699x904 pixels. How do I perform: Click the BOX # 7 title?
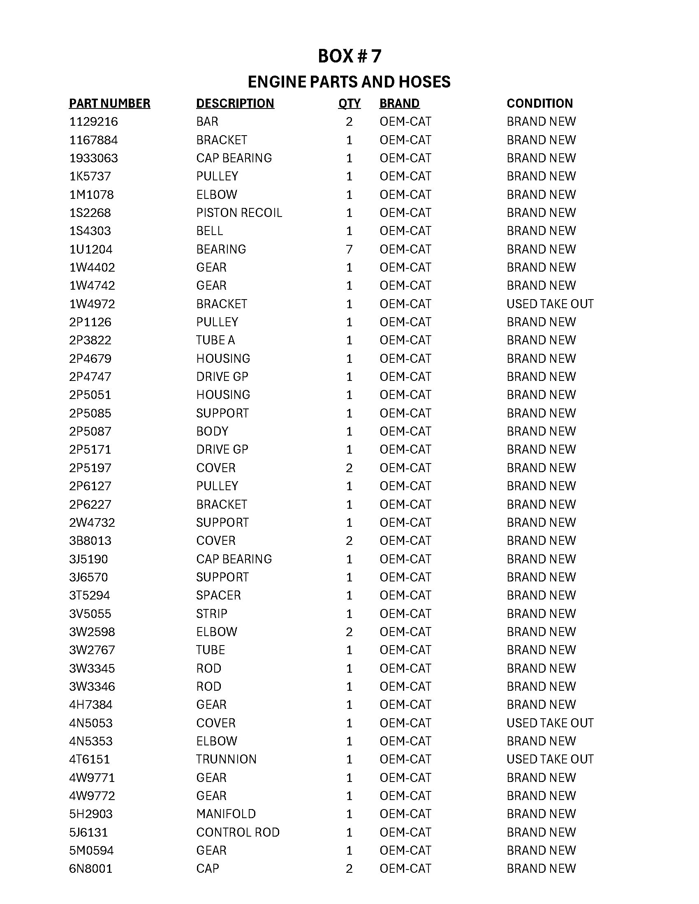[349, 56]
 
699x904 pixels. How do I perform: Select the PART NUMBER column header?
[109, 103]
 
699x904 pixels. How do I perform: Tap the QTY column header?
[349, 103]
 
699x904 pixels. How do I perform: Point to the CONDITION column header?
[539, 103]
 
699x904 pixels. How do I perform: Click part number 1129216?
[93, 122]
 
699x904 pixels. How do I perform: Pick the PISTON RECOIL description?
[239, 213]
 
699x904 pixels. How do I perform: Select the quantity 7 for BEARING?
[349, 249]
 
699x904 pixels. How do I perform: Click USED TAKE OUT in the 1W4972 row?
[550, 304]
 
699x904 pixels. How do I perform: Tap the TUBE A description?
[215, 340]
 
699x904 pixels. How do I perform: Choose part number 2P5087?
[90, 431]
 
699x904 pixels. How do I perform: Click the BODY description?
[212, 431]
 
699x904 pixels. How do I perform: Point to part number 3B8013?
[90, 541]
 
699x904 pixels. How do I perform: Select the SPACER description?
[218, 595]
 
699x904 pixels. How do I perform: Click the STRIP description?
[212, 613]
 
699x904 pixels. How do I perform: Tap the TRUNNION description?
[226, 759]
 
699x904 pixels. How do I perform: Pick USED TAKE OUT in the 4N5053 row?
[550, 723]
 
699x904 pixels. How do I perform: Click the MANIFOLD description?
[226, 814]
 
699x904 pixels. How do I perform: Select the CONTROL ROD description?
[238, 832]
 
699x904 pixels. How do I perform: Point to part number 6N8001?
[91, 868]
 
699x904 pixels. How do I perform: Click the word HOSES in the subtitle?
[424, 82]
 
